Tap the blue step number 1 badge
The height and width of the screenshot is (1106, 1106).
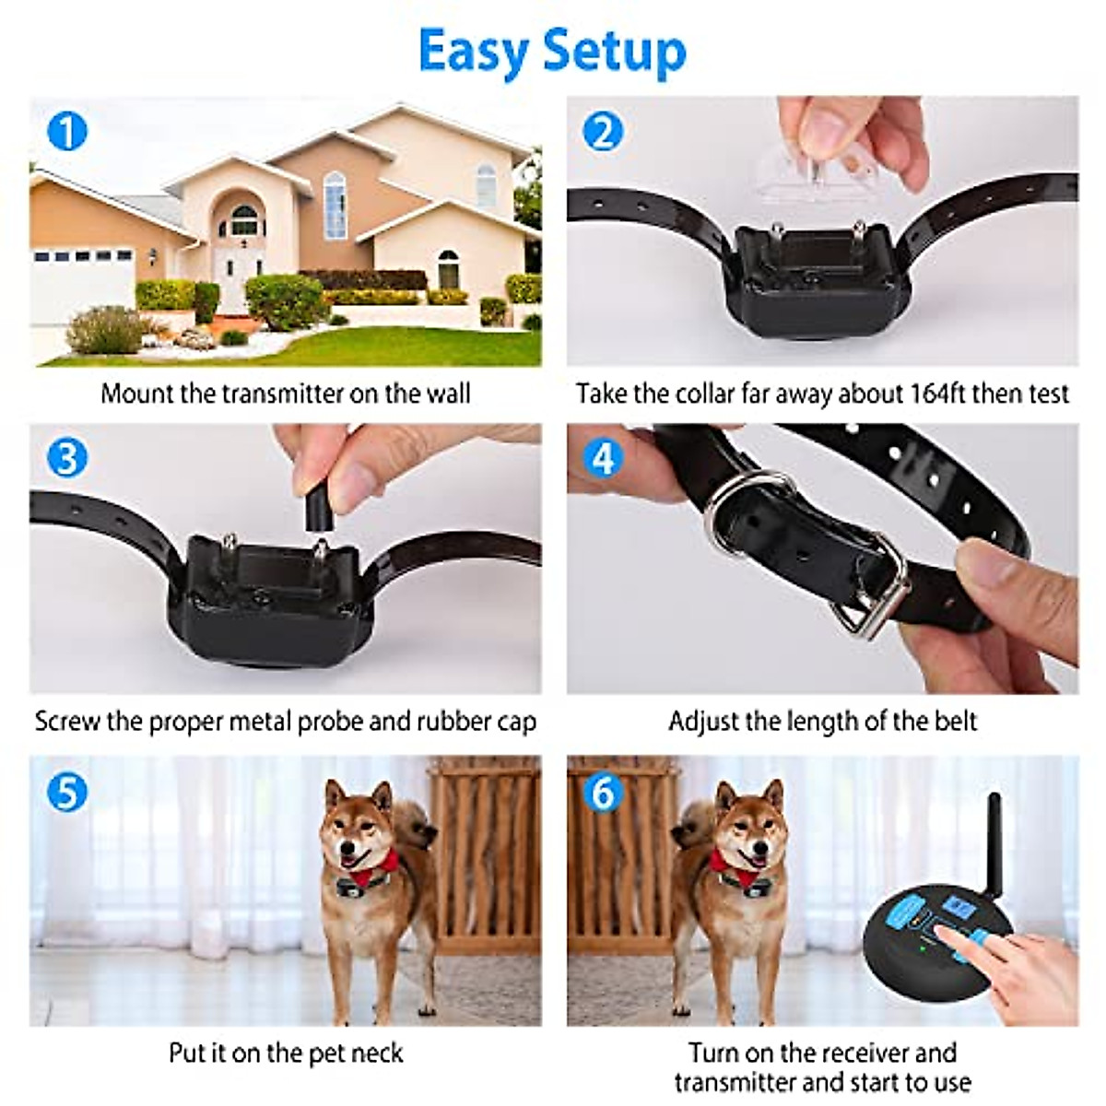pos(66,131)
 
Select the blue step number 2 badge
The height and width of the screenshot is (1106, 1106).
pos(603,131)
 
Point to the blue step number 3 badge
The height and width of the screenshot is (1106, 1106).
pos(66,458)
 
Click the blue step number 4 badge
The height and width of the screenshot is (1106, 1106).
pos(603,458)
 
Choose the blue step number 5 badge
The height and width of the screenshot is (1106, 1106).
pos(66,792)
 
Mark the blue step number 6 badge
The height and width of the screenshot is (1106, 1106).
pos(603,792)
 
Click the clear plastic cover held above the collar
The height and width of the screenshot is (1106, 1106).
pos(811,175)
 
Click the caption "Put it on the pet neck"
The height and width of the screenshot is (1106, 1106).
pos(286,1053)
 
